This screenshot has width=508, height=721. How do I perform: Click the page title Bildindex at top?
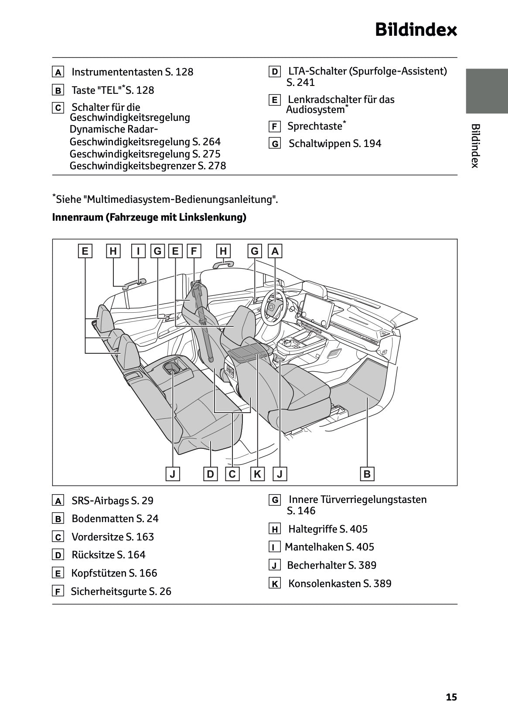point(416,30)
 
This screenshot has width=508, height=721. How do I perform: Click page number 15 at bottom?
point(451,697)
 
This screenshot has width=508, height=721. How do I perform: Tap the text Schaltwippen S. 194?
point(334,144)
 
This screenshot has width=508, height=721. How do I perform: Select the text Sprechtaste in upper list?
point(314,126)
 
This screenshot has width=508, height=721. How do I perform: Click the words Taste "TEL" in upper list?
point(95,90)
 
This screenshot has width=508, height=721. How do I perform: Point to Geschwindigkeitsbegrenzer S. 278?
point(147,166)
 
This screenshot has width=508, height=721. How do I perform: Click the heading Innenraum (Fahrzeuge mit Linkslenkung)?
point(149,217)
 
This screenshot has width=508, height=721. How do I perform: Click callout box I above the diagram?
point(138,251)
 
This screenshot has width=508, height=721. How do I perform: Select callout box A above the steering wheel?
point(275,251)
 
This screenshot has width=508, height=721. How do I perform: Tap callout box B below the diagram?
point(367,474)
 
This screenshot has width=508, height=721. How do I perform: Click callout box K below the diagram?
point(257,474)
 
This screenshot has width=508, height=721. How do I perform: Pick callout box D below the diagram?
point(211,474)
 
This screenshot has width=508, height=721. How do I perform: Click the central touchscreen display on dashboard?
point(315,310)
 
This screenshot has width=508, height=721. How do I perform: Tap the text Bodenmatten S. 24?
point(115,519)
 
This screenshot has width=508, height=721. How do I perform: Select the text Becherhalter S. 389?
point(331,565)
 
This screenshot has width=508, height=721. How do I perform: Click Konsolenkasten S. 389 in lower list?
point(340,584)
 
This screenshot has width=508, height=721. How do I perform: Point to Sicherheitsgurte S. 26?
point(121,591)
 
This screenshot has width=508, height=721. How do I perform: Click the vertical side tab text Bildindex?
point(475,146)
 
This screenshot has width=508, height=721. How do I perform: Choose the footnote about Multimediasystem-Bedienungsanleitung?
point(165,199)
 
